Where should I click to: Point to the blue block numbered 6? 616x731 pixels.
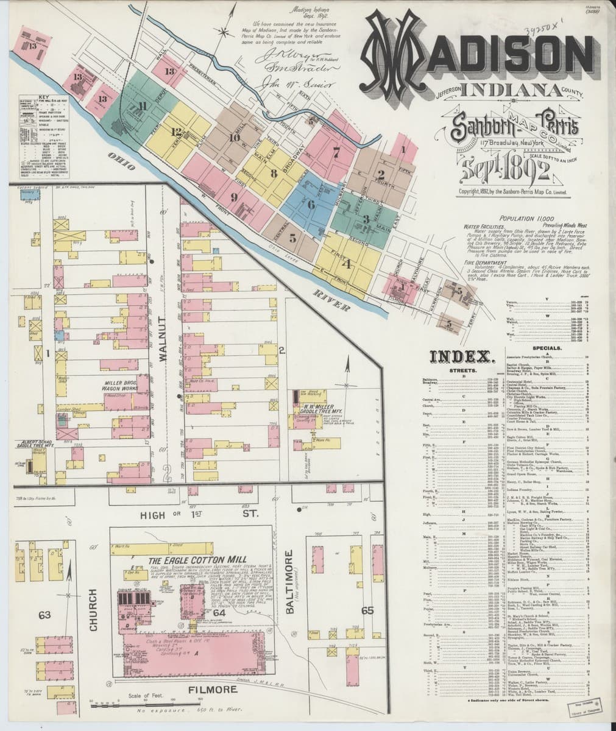pos(311,204)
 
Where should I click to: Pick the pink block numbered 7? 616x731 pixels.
pos(335,148)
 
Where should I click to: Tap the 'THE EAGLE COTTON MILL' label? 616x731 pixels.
pos(189,561)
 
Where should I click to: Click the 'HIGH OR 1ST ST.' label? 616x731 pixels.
pos(200,515)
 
